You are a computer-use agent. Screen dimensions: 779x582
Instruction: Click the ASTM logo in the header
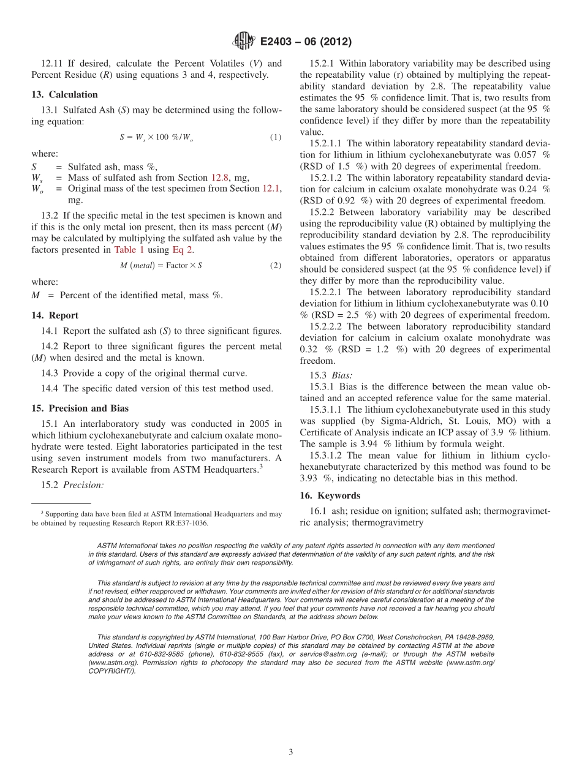244,42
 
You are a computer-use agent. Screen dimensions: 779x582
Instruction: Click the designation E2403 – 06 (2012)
306,42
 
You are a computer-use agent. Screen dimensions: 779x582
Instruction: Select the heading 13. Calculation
64,94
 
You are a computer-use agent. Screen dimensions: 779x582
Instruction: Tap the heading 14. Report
55,315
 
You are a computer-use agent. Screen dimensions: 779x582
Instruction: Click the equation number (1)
276,137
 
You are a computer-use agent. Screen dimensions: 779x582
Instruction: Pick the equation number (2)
276,265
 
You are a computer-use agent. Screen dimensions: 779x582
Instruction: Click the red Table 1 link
129,250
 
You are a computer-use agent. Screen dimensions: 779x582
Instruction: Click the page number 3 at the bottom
291,752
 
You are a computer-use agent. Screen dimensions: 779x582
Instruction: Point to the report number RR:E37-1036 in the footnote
185,524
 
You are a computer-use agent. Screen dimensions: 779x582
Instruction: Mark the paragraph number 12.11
52,64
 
